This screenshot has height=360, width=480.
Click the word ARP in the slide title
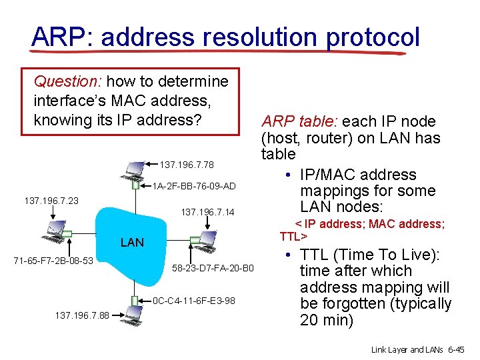click(x=56, y=37)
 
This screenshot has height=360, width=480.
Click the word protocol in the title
click(x=373, y=37)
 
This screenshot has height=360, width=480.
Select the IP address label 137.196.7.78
click(x=187, y=165)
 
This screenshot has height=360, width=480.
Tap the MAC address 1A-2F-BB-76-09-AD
click(x=195, y=185)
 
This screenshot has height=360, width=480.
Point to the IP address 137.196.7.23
click(x=51, y=200)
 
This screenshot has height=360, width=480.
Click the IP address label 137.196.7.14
click(x=208, y=212)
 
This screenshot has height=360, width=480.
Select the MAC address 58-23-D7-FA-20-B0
click(x=213, y=268)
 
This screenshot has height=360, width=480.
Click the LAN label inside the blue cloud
click(x=131, y=243)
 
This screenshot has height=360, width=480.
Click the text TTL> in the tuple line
click(x=293, y=237)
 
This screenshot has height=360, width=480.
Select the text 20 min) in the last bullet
click(x=327, y=320)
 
